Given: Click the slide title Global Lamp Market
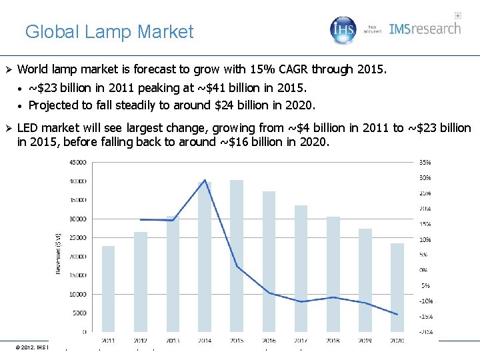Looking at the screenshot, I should [x=109, y=31].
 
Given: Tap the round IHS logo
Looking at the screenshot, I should [x=344, y=30].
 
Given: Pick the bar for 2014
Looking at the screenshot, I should [x=205, y=257].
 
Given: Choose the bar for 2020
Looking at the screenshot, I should [x=397, y=287].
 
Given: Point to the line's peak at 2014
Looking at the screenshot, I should [x=205, y=180].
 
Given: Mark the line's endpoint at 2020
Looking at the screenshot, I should [x=397, y=315].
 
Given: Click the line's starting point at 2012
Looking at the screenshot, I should [x=141, y=219].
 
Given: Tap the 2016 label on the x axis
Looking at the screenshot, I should [x=269, y=341].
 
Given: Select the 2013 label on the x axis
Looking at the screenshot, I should [x=173, y=341].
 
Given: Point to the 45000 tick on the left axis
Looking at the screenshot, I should [x=78, y=162].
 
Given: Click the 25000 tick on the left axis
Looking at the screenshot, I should [x=78, y=237].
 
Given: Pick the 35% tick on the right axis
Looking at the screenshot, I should [x=425, y=162].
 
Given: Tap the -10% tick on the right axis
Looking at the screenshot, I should [x=425, y=301].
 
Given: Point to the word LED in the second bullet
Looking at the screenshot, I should [x=28, y=128].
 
